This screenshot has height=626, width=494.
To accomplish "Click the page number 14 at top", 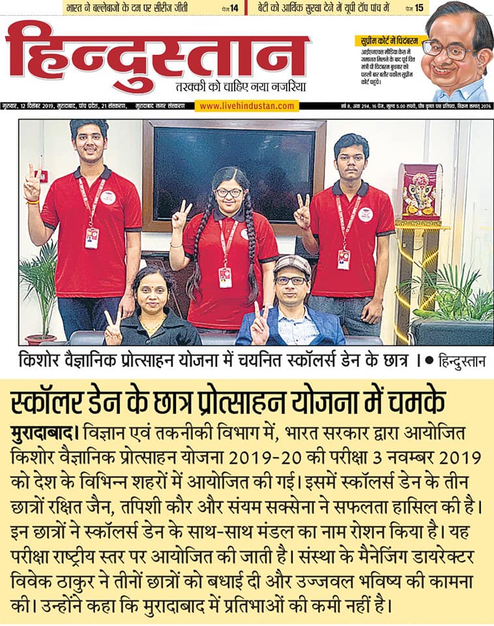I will pos(233,8).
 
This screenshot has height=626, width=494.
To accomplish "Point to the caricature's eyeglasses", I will pos(450,48).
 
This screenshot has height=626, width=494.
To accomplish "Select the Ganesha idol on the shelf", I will pos(420,192).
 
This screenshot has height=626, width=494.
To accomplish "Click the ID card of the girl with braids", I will pos(225,277).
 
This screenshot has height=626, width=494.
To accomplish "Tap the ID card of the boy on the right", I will pos(343,258).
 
